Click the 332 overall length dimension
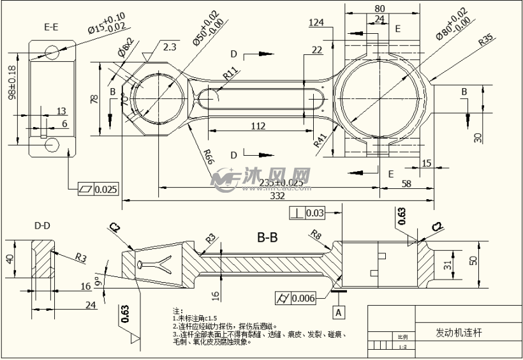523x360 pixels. tap(277, 197)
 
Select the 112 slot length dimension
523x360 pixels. tap(258, 126)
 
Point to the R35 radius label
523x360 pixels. tap(486, 40)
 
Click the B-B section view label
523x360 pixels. tap(267, 238)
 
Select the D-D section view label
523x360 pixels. tap(42, 225)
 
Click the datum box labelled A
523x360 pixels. tap(340, 311)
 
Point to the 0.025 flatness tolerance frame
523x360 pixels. tap(99, 189)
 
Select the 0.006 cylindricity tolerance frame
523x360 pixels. tap(298, 297)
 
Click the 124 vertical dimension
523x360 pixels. tap(316, 22)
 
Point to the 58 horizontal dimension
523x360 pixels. tap(407, 184)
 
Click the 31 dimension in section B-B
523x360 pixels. tap(447, 263)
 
